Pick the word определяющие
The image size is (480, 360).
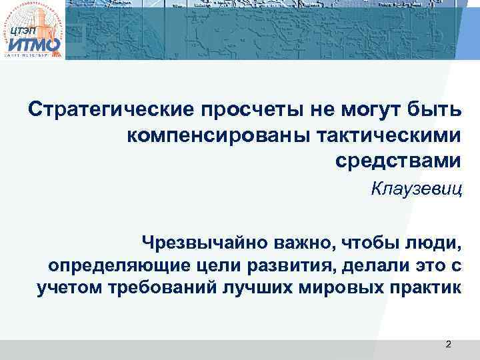113,265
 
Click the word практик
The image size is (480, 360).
425,289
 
